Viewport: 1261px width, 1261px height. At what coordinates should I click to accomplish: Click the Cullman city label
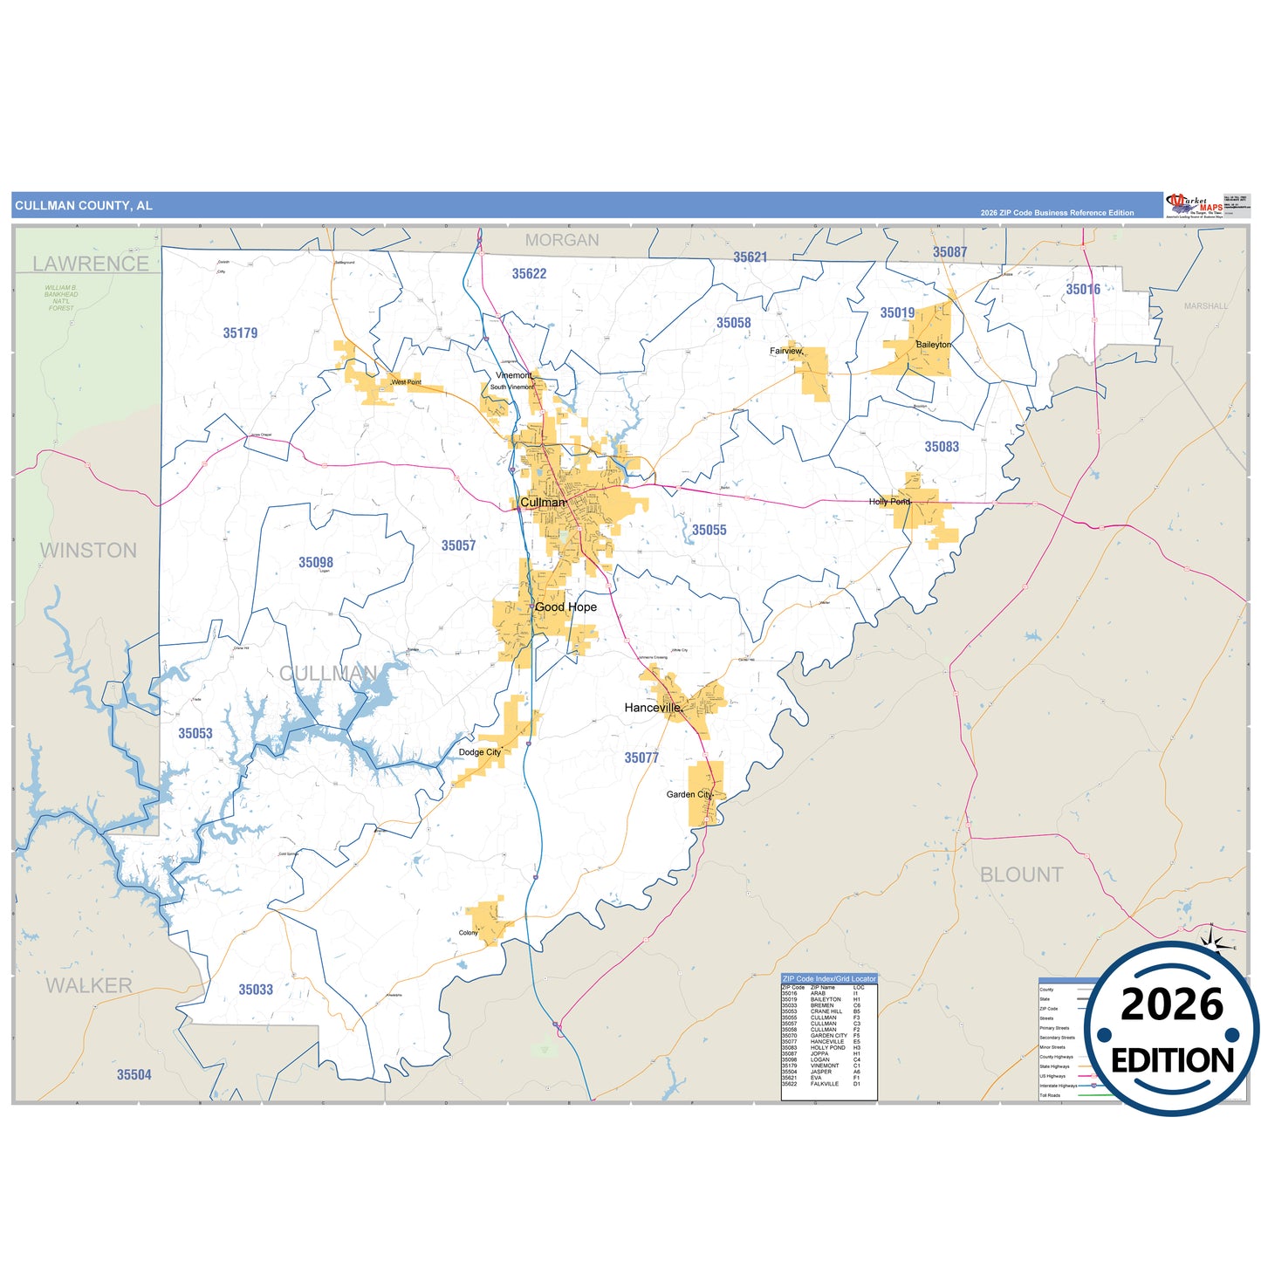coord(542,503)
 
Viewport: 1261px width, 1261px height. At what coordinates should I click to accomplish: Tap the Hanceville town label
coord(652,708)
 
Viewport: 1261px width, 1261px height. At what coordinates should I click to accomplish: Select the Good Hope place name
coord(565,607)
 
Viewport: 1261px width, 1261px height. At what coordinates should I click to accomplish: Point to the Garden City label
coord(689,795)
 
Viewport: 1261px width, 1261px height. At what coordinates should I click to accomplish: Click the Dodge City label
coord(480,752)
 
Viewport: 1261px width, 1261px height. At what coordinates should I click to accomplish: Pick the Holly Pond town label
coord(889,502)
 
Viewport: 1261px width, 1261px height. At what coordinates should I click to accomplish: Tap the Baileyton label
coord(933,345)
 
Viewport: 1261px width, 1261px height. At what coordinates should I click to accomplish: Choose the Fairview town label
coord(785,351)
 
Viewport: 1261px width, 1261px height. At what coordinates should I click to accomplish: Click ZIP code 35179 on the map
coord(240,333)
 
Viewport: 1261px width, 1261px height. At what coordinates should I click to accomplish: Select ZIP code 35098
coord(316,563)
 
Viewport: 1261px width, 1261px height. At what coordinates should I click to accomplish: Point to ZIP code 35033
coord(256,990)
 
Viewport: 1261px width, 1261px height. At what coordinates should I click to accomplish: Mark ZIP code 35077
coord(641,758)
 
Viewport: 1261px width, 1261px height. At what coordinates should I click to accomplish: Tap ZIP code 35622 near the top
coord(529,274)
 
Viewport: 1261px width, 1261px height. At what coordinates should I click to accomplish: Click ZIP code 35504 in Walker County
coord(134,1075)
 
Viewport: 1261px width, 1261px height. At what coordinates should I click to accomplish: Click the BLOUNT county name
coord(1021,874)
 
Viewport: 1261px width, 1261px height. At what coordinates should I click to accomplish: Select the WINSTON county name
coord(88,551)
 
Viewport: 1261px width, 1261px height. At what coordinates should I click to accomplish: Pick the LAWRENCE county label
coord(91,264)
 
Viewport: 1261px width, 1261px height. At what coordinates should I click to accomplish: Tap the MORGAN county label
coord(562,240)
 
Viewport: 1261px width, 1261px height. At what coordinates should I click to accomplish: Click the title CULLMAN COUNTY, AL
coord(84,206)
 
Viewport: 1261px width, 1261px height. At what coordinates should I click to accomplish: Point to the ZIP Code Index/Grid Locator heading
coord(828,978)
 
